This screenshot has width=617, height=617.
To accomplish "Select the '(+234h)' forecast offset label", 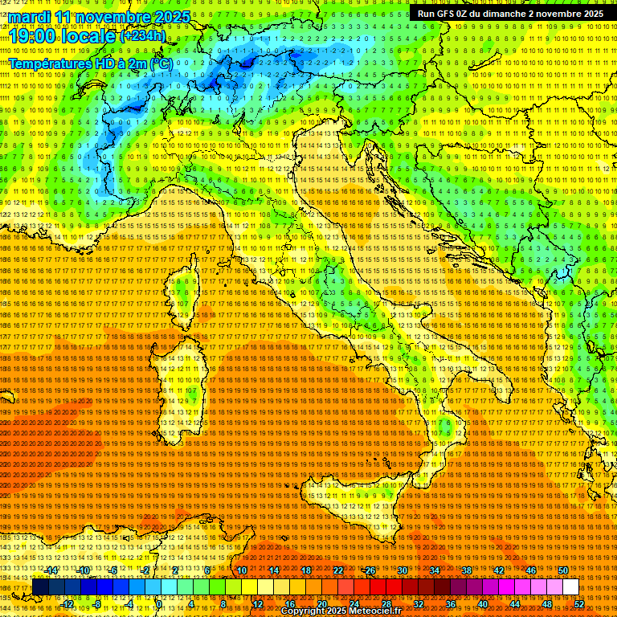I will (x=143, y=35).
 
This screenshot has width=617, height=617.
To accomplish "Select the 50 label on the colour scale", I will (x=562, y=570).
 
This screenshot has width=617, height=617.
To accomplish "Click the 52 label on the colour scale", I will (x=578, y=604).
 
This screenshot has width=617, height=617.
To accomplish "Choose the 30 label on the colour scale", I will (x=402, y=570).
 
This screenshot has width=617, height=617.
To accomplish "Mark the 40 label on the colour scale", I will (x=482, y=604).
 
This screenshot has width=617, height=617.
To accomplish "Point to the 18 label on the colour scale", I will (x=306, y=570).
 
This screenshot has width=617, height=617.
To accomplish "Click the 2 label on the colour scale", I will (x=175, y=570).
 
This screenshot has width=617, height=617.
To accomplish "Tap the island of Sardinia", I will (x=182, y=386).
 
